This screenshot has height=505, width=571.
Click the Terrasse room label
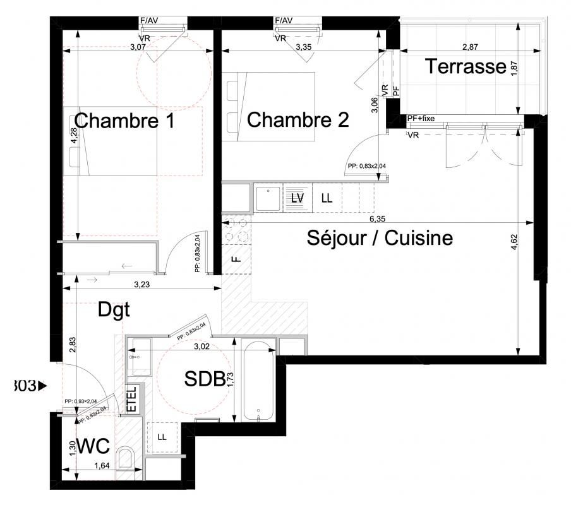coord(466,66)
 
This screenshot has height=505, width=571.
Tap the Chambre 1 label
coord(124,120)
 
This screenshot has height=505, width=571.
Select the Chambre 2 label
coord(298,120)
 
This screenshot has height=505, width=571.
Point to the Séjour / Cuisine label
coord(380,239)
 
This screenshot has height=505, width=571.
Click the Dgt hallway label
coord(114,309)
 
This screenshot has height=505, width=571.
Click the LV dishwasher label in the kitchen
coord(297,198)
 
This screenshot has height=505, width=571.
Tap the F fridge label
coord(236,258)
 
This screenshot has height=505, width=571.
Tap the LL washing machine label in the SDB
coord(162,437)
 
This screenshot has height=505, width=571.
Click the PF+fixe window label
coord(421,118)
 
